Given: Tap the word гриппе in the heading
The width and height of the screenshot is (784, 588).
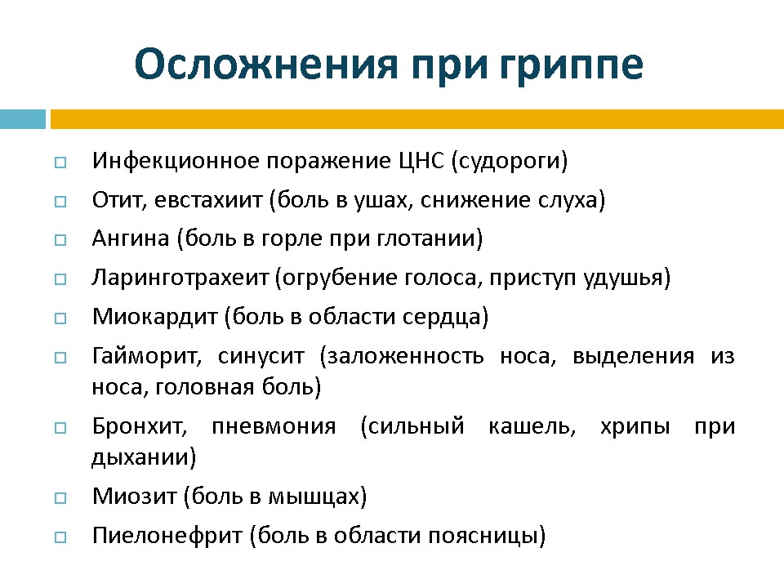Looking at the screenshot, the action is [x=571, y=67].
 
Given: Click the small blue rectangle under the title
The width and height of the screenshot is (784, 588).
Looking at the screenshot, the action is [x=23, y=119].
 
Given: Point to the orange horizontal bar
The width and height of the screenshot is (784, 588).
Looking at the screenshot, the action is [x=417, y=119].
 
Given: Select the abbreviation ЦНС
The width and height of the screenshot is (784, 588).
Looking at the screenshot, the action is [x=421, y=161].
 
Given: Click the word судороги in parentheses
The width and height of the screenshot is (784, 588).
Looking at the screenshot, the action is [x=510, y=162].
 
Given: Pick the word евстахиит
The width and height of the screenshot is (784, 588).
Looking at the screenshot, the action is [x=208, y=200].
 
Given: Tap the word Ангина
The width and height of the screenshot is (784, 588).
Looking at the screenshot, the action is [x=131, y=238].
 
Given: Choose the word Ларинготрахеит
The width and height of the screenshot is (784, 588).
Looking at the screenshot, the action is [x=180, y=278].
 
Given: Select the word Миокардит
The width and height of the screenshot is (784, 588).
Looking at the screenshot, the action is [x=155, y=317].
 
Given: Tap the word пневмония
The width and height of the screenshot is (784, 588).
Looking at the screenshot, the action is [x=274, y=426].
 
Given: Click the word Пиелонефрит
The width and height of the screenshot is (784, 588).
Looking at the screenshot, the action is [x=167, y=536].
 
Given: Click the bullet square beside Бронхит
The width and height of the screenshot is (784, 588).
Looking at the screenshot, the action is [x=60, y=428].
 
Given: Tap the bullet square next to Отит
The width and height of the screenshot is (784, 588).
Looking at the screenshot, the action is [x=60, y=202].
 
